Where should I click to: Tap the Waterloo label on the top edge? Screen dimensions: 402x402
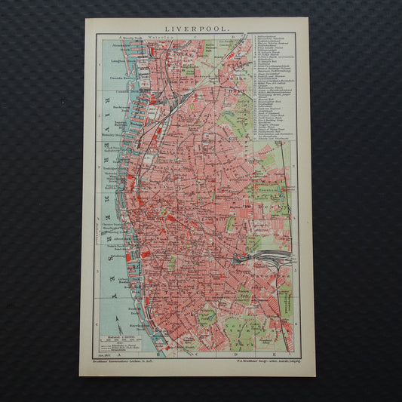pyautogui.click(x=160, y=35)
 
